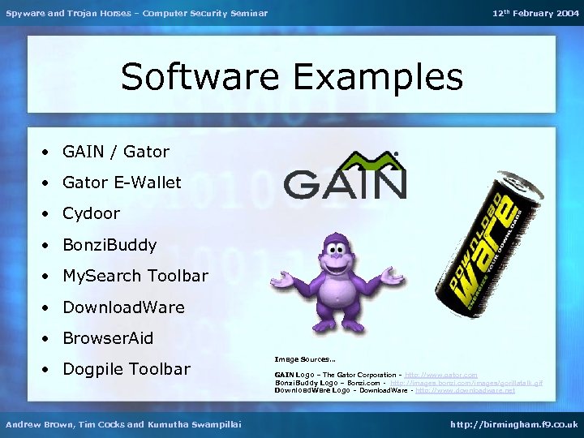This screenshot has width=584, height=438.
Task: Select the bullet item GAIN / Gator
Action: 116,152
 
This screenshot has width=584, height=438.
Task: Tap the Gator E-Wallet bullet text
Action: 122,182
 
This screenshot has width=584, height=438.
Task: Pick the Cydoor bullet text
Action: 91,213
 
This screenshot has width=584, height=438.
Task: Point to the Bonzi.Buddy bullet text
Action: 109,244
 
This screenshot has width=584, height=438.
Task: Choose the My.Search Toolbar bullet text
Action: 135,276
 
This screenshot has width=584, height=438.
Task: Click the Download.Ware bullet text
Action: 123,307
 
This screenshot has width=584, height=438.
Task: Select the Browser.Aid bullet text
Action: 108,338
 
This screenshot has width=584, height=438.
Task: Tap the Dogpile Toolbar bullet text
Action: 126,369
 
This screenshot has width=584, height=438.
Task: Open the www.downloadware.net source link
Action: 465,390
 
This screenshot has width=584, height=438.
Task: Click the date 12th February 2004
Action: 535,13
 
